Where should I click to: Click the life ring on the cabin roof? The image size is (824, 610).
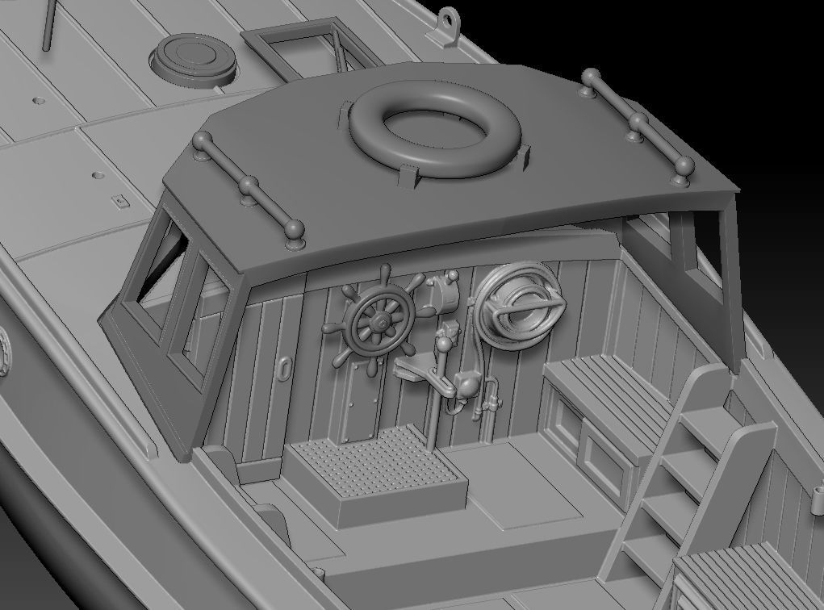436,130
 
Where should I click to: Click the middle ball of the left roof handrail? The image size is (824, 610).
248,185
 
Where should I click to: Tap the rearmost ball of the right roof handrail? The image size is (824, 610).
685,168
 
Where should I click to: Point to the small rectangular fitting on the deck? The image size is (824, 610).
120,202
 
